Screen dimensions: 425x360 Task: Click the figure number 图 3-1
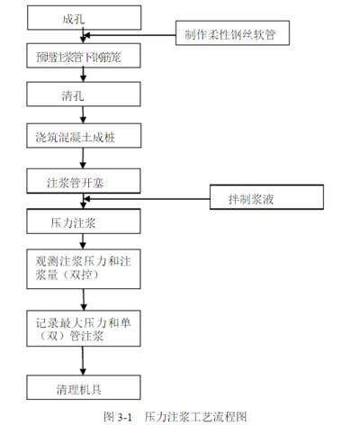click(x=118, y=416)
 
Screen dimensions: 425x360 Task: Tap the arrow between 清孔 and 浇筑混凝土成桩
click(x=83, y=114)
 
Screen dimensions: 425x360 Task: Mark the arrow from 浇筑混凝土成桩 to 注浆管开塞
click(x=83, y=159)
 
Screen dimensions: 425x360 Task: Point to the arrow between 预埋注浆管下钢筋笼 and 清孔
click(x=83, y=73)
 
